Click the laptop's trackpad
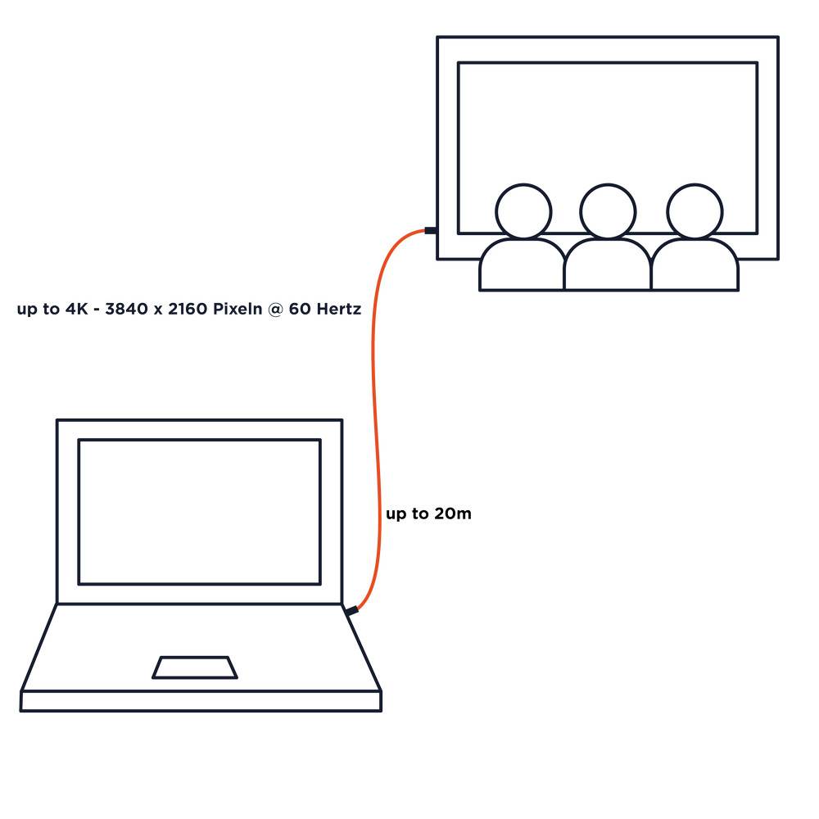pyautogui.click(x=195, y=667)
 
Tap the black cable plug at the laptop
pyautogui.click(x=351, y=610)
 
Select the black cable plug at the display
pyautogui.click(x=431, y=230)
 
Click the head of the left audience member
pyautogui.click(x=523, y=211)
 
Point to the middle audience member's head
pyautogui.click(x=608, y=211)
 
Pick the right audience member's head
pyautogui.click(x=695, y=211)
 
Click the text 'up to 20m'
pyautogui.click(x=428, y=514)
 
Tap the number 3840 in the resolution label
pyautogui.click(x=126, y=309)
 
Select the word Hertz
pyautogui.click(x=339, y=309)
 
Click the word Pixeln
pyautogui.click(x=238, y=309)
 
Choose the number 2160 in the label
pyautogui.click(x=188, y=309)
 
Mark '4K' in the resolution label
pyautogui.click(x=77, y=309)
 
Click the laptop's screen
pyautogui.click(x=199, y=512)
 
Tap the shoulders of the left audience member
pyautogui.click(x=522, y=265)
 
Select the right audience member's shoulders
pyautogui.click(x=695, y=265)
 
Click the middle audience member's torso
pyautogui.click(x=608, y=265)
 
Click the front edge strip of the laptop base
pyautogui.click(x=201, y=701)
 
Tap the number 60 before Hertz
pyautogui.click(x=300, y=309)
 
